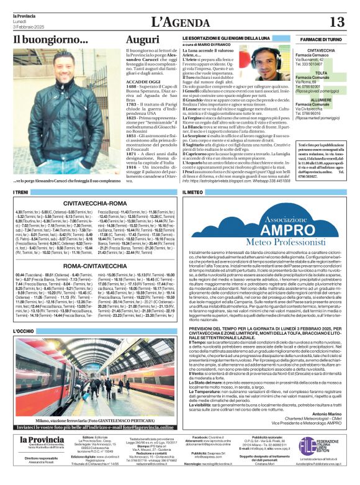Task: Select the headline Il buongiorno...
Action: tap(51, 40)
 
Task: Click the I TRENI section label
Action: tap(21, 192)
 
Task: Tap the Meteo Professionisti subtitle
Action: tap(270, 241)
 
